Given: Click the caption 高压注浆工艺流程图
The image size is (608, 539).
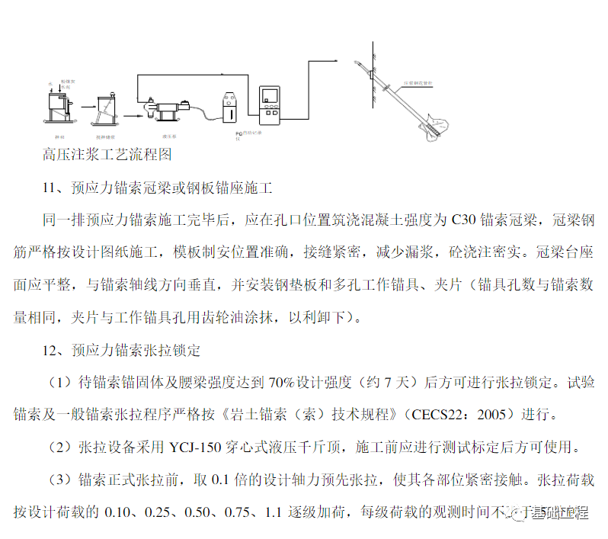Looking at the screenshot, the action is tap(107, 154).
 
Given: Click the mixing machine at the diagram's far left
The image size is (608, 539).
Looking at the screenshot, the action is tap(59, 102).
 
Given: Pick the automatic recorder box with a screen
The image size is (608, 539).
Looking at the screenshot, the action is tap(270, 106).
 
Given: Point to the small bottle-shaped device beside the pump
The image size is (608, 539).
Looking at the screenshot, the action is tap(231, 107).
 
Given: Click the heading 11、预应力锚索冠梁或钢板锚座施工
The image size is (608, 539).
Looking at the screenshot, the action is tap(158, 188).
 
